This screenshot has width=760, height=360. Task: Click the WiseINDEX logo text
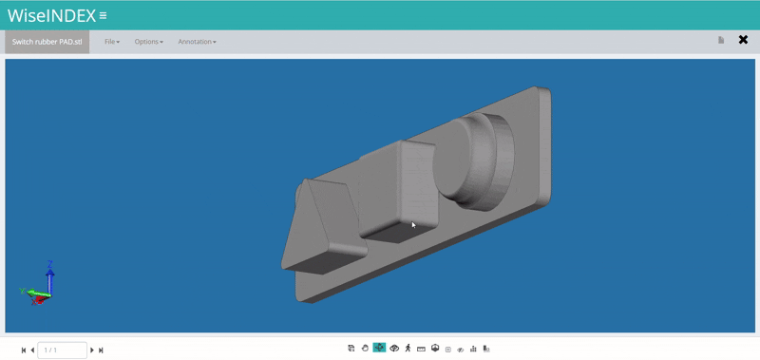tap(51, 15)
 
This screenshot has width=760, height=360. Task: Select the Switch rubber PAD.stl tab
tap(47, 42)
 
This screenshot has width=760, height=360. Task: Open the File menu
tap(112, 42)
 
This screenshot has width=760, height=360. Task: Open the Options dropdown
tap(148, 42)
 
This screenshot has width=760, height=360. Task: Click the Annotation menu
tap(197, 42)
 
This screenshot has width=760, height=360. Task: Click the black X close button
tap(743, 40)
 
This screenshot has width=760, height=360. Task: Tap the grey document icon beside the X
tap(721, 40)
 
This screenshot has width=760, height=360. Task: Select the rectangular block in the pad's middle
tap(409, 190)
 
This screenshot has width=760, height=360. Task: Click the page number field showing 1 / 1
tap(62, 351)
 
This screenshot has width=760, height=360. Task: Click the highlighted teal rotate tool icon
tap(379, 349)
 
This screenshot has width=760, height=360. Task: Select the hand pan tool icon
tap(365, 349)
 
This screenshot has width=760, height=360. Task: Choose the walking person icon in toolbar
tap(408, 349)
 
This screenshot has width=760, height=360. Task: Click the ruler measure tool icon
tap(421, 349)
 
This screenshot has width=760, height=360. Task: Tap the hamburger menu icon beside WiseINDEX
tap(104, 16)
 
